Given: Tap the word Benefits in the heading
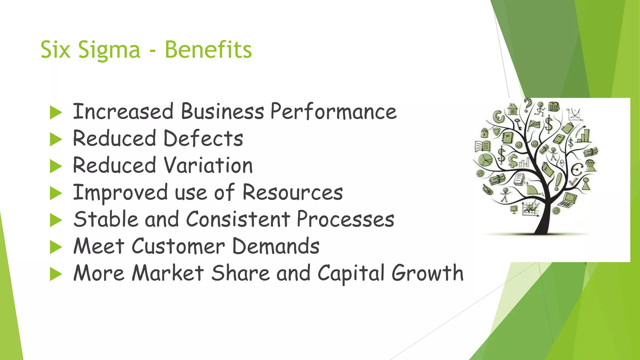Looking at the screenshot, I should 208,50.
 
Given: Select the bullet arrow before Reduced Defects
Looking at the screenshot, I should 56,139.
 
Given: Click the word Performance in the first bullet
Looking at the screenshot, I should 333,112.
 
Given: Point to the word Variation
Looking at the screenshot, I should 208,165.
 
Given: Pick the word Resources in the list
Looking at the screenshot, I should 292,192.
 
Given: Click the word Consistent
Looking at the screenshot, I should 238,219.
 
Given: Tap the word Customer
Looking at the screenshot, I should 178,246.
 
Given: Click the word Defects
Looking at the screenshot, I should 203,138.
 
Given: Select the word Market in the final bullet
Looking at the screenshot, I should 168,273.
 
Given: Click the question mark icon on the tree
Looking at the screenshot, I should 527,104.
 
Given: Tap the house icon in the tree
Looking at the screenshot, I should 512,109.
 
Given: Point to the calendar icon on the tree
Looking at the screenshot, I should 554,107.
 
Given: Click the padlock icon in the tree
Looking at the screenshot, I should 484,132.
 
